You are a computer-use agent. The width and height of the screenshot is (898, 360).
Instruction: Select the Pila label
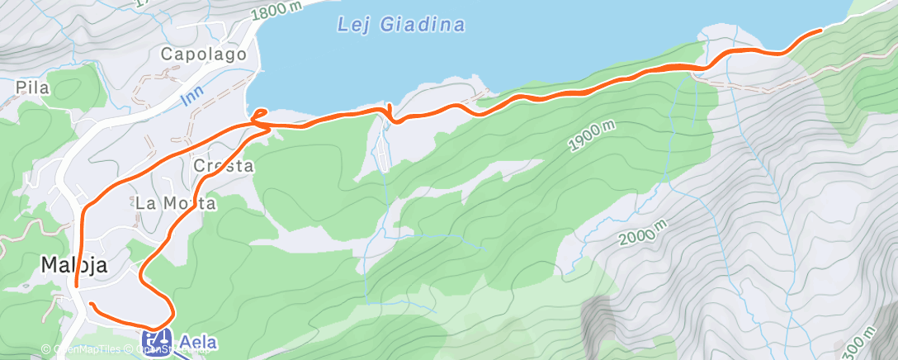[33, 87]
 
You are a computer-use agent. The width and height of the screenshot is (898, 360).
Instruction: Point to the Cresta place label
[223, 166]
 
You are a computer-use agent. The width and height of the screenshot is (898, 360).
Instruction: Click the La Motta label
[176, 203]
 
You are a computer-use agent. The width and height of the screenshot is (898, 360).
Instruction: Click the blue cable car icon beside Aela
[156, 339]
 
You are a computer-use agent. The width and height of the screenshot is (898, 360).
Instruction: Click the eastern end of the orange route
[820, 30]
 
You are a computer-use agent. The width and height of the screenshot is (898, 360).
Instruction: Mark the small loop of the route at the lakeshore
[259, 115]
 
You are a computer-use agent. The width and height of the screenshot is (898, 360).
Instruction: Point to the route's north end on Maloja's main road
[77, 286]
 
